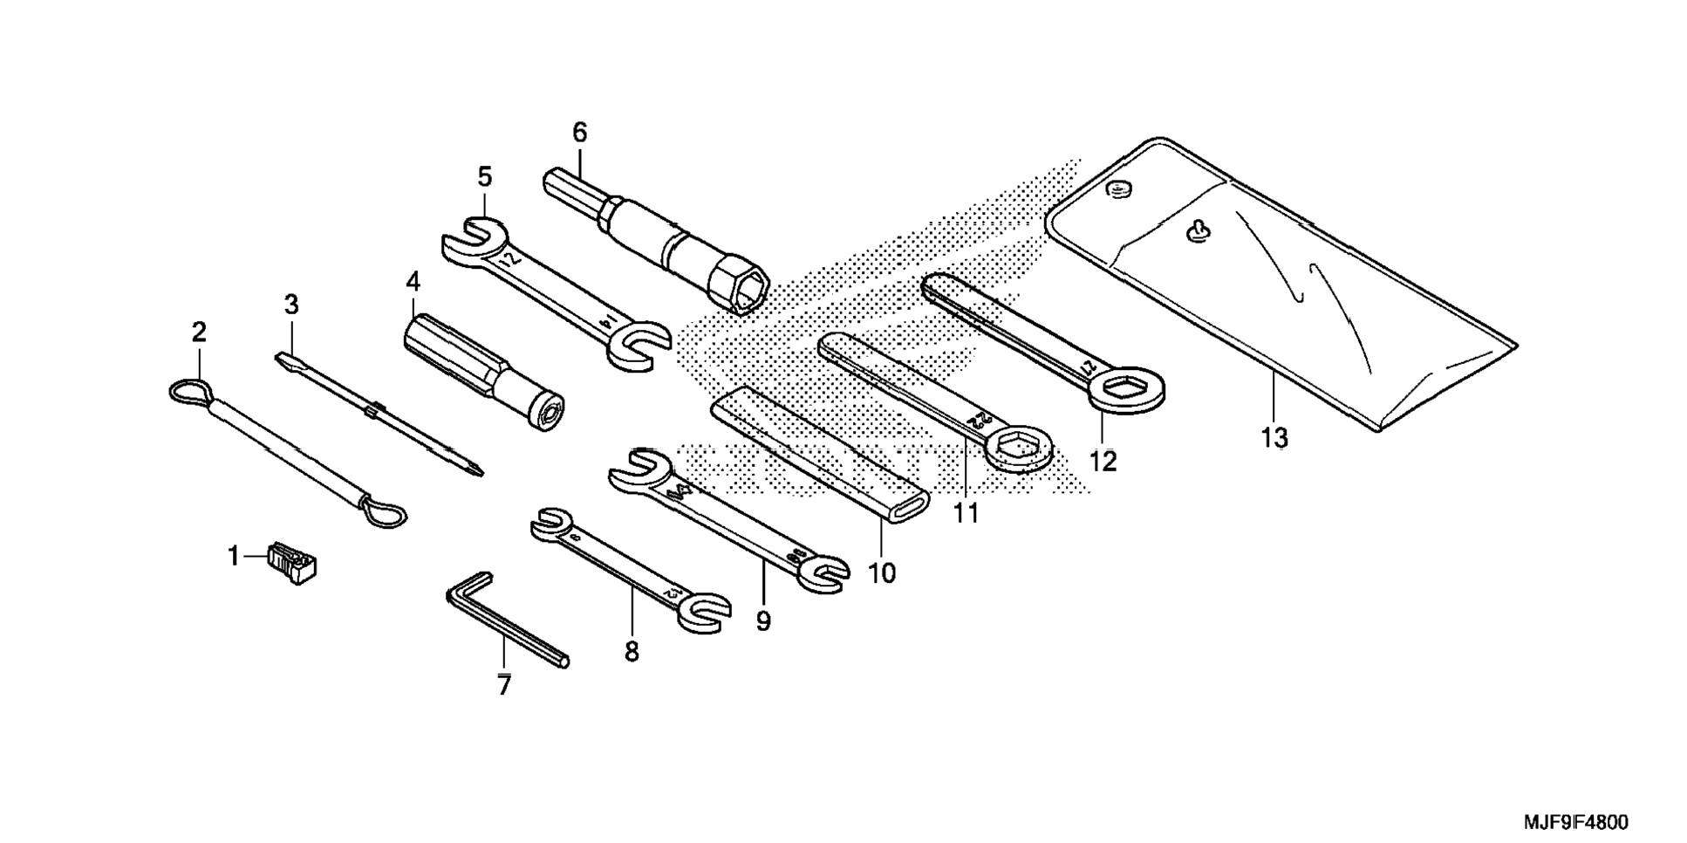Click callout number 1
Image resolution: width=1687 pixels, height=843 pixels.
[233, 555]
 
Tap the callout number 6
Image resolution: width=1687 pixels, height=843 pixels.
[580, 133]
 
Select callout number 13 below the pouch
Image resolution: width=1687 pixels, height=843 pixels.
[1274, 437]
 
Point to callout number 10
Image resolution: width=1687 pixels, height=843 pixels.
[882, 573]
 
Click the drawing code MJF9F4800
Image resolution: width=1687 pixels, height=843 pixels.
[1576, 822]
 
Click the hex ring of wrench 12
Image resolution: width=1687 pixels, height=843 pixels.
[1127, 388]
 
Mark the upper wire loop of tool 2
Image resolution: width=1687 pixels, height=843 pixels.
[189, 391]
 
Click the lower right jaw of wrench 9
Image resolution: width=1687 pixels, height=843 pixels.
[824, 572]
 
